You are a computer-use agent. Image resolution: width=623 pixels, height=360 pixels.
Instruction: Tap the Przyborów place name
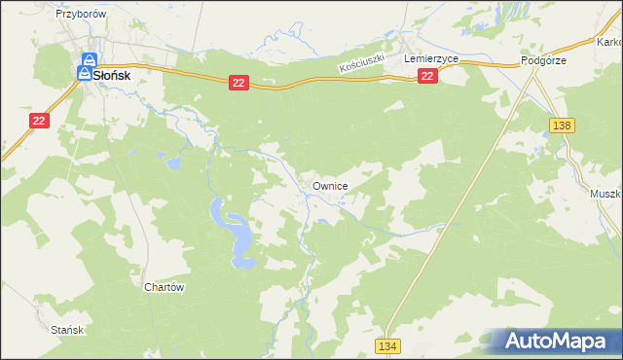click(x=80, y=16)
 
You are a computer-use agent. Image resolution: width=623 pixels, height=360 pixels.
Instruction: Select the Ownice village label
click(x=330, y=184)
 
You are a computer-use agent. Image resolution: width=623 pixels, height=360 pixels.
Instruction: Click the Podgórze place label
click(x=543, y=59)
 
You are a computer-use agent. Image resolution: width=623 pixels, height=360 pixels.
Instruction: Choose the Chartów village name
click(x=164, y=287)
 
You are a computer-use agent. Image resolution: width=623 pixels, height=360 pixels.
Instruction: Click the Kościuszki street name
click(x=362, y=66)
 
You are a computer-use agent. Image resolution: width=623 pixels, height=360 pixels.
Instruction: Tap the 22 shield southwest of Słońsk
click(x=38, y=120)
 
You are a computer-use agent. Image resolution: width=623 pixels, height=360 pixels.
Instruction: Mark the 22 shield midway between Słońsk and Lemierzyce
click(x=239, y=85)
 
